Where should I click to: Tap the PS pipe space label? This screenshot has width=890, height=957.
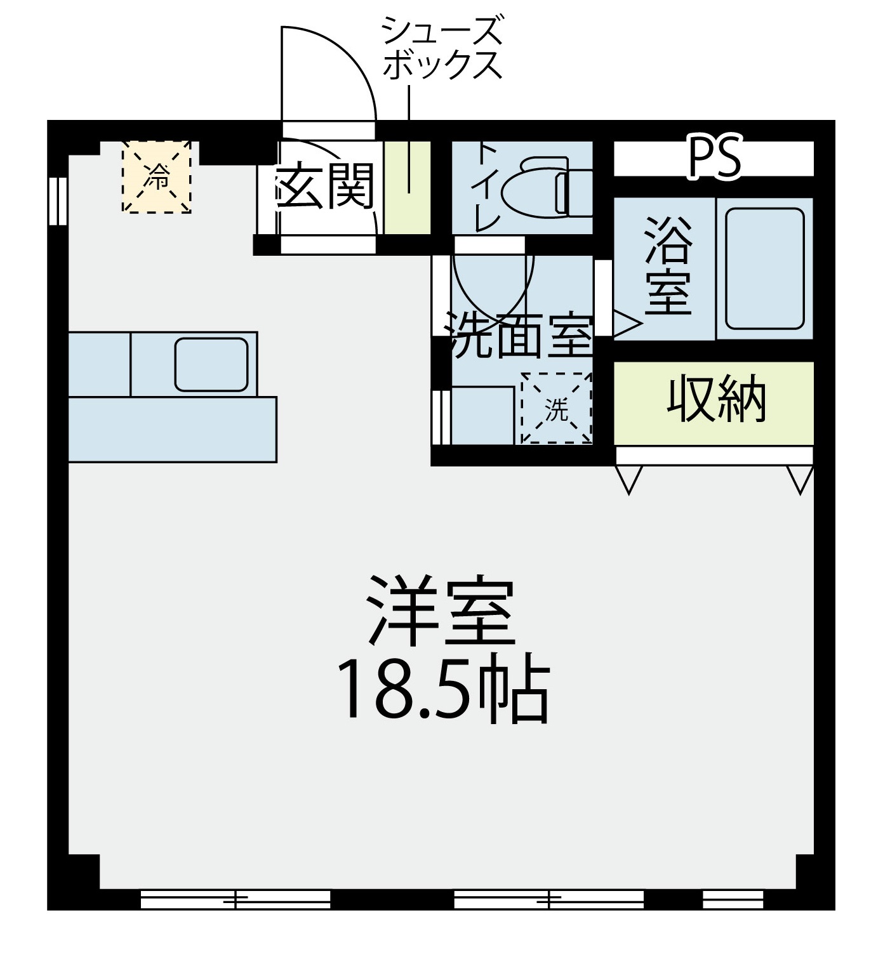click(x=715, y=157)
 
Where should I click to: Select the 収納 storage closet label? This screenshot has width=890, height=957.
click(x=717, y=399)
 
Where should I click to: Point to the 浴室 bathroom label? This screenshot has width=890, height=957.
click(x=668, y=266)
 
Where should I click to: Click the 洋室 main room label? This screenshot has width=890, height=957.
click(x=441, y=611)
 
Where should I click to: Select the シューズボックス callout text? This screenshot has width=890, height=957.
click(x=442, y=48)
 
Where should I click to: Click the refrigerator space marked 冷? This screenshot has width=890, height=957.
click(x=157, y=176)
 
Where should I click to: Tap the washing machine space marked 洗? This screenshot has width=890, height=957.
click(x=557, y=408)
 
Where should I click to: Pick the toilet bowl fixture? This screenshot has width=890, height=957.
click(x=547, y=187)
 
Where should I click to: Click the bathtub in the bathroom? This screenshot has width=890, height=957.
click(x=765, y=269)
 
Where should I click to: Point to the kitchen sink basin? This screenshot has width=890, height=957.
click(x=211, y=365)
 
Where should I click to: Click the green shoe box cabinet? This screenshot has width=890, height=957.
click(x=408, y=187)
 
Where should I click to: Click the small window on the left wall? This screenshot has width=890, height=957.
click(x=58, y=201)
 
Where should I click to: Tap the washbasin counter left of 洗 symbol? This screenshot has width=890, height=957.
click(x=482, y=415)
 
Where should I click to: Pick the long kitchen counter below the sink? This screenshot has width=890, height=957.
click(x=173, y=430)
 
